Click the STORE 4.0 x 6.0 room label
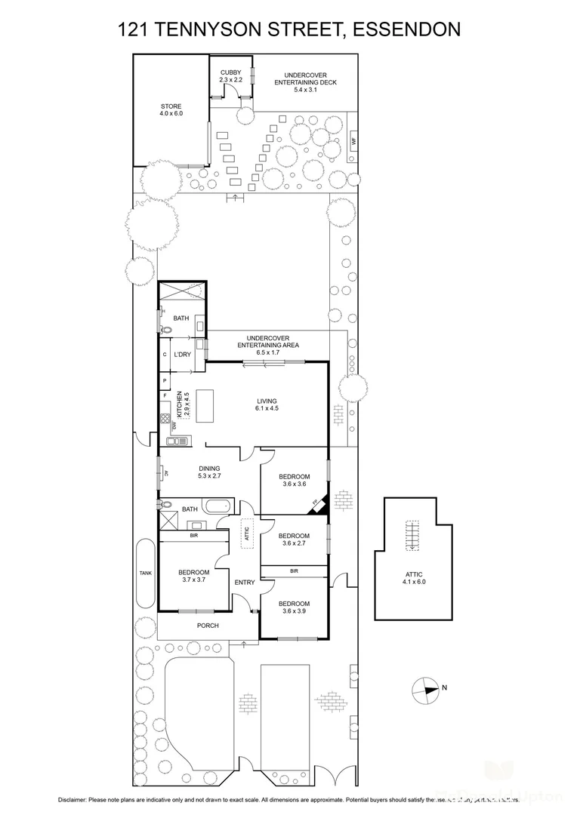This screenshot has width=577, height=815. pyautogui.click(x=171, y=109)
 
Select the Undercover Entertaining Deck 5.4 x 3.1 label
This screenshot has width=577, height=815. pyautogui.click(x=305, y=82)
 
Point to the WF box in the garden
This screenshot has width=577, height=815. pyautogui.click(x=353, y=140)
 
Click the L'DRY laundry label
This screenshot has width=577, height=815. pyautogui.click(x=182, y=354)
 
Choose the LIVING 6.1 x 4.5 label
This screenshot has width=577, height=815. pyautogui.click(x=267, y=404)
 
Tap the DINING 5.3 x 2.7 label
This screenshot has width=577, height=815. pyautogui.click(x=209, y=472)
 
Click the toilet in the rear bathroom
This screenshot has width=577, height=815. pyautogui.click(x=163, y=328)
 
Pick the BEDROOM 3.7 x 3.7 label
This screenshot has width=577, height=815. pyautogui.click(x=193, y=576)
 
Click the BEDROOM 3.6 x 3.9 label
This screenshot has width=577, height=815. pyautogui.click(x=294, y=607)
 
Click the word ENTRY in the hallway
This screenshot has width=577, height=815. pyautogui.click(x=244, y=582)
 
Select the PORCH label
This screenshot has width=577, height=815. pyautogui.click(x=207, y=626)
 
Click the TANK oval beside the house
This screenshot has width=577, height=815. pyautogui.click(x=145, y=573)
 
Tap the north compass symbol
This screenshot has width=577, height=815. pyautogui.click(x=426, y=687)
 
